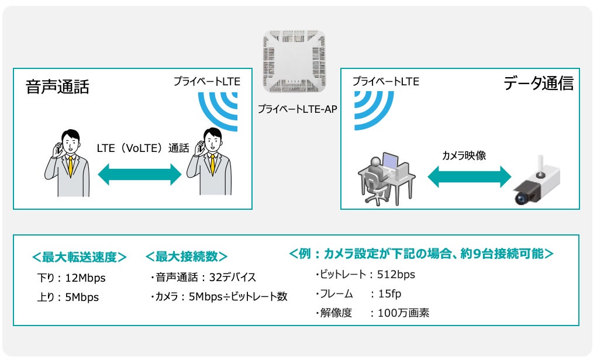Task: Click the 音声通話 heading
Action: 57,88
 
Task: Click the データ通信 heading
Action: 538,84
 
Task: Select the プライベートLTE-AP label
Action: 298,109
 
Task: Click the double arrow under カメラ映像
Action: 469,176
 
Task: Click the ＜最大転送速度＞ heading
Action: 80,258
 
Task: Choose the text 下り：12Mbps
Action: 71,278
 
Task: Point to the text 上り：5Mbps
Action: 67,297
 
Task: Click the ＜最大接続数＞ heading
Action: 186,257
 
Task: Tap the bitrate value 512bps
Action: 395,274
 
